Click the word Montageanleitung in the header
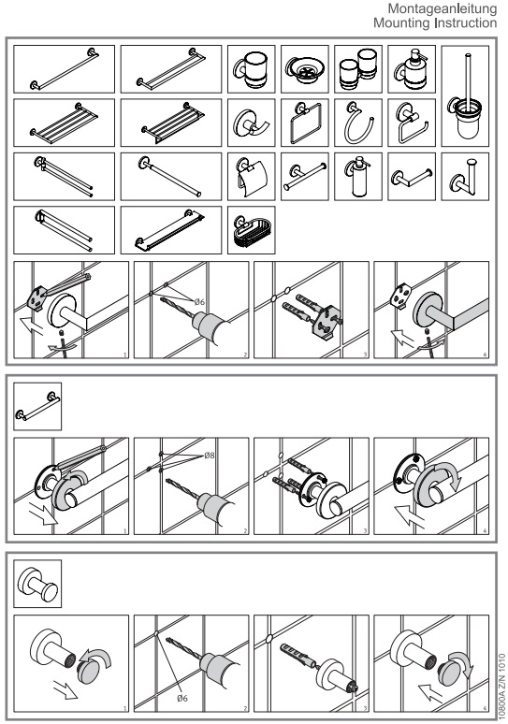click(x=443, y=8)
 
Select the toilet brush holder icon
click(x=465, y=96)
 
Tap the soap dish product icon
click(x=304, y=69)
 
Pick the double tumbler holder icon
click(x=358, y=69)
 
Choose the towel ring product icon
click(x=358, y=123)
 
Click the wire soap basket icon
click(x=252, y=230)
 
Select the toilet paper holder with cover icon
click(x=252, y=177)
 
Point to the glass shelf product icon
click(x=171, y=230)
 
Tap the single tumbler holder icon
click(x=252, y=69)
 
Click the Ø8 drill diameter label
click(x=210, y=456)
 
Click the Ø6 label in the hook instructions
click(x=182, y=698)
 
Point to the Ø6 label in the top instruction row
click(x=199, y=302)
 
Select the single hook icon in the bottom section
click(x=37, y=584)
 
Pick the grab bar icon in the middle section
click(x=37, y=406)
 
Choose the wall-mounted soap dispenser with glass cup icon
click(x=412, y=69)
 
